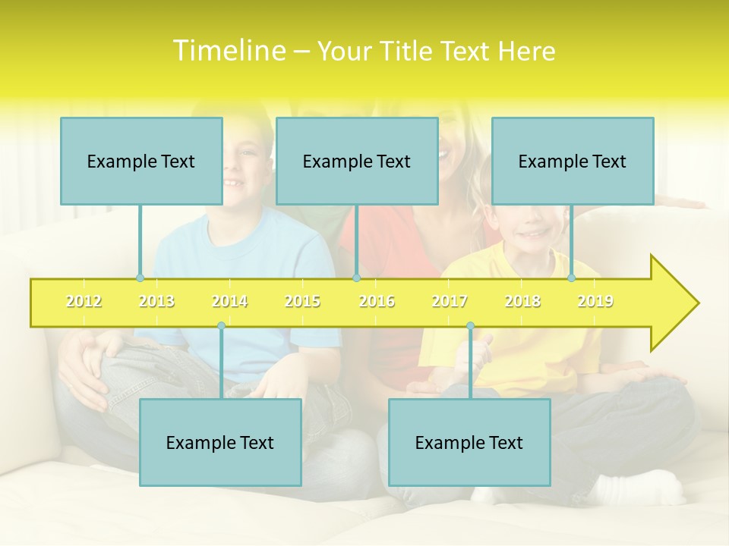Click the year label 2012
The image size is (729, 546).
[x=84, y=301]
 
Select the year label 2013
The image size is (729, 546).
[x=156, y=301]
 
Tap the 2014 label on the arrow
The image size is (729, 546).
[x=229, y=301]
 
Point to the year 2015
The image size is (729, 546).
[x=302, y=301]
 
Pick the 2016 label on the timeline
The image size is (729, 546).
[x=377, y=301]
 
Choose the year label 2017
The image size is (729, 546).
[x=450, y=301]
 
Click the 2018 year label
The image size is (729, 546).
[x=522, y=301]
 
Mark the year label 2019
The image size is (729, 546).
[x=595, y=301]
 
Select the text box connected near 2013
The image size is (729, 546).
[x=141, y=161]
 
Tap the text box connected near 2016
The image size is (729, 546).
[x=357, y=161]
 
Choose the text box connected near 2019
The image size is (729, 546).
[x=573, y=161]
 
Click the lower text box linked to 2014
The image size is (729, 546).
[x=220, y=442]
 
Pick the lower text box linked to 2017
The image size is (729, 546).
[x=469, y=442]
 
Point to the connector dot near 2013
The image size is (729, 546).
[x=140, y=278]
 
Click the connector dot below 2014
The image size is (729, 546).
[x=221, y=326]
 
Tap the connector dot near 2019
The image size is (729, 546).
[x=572, y=278]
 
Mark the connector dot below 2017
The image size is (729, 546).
[x=470, y=326]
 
